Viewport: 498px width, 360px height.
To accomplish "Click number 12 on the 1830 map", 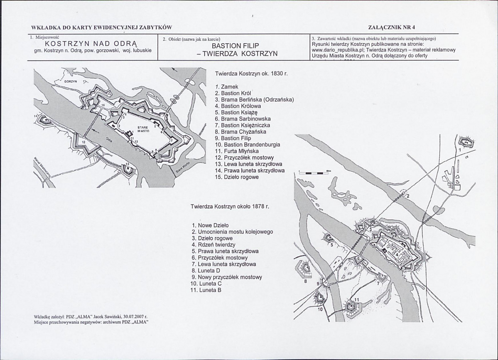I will pos(83,142).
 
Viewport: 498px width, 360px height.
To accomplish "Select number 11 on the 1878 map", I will pos(356,300).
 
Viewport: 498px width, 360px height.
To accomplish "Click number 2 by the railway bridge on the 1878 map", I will pos(408,195).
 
